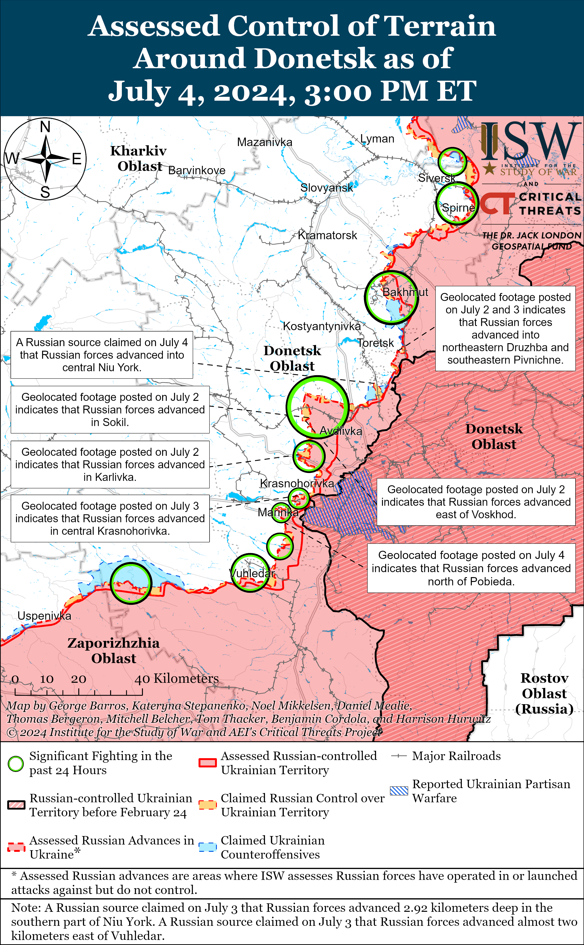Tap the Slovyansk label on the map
tap(326, 188)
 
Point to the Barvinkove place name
tap(196, 170)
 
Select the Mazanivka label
tap(265, 142)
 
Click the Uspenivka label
tap(44, 616)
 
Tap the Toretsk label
tap(375, 343)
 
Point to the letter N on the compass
tap(45, 127)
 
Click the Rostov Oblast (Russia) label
tap(544, 693)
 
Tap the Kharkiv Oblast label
tap(139, 158)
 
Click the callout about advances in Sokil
tap(110, 410)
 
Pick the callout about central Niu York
tap(102, 355)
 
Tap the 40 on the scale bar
tap(142, 679)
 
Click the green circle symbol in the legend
tap(16, 763)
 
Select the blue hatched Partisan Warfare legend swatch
tap(398, 790)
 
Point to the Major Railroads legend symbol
tap(398, 756)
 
